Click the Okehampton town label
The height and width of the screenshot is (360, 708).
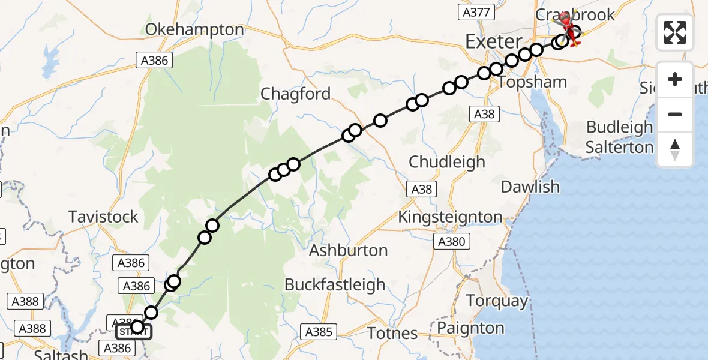tap(194, 29)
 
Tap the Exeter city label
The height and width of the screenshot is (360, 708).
tap(494, 42)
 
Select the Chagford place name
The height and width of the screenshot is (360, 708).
tap(295, 94)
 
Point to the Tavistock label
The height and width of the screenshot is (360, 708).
tap(103, 217)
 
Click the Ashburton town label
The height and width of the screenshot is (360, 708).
tap(348, 251)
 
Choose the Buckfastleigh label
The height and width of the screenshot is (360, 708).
tap(335, 284)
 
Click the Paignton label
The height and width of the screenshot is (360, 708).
tap(471, 328)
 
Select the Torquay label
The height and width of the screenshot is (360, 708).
tap(497, 301)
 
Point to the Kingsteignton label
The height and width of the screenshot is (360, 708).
tap(451, 217)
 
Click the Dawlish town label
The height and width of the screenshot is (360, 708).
tap(530, 187)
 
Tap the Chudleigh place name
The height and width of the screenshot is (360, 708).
tap(447, 162)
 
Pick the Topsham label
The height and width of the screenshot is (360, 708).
tap(532, 83)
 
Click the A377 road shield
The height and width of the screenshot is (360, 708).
tap(477, 12)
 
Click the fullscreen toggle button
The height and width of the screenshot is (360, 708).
tap(675, 32)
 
